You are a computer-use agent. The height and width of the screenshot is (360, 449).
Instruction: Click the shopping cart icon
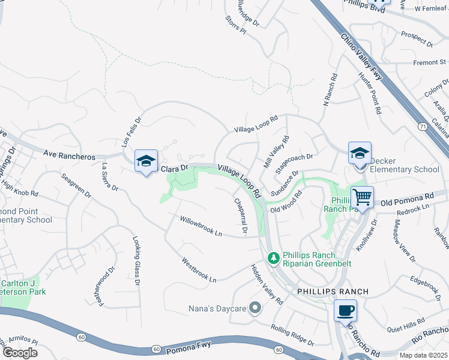point(362,197)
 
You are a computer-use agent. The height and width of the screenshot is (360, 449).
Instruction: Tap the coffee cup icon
point(345,311)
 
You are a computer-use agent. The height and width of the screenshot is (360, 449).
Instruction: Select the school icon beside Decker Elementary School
point(360,153)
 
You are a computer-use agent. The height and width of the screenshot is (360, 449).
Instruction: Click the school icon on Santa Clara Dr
point(146,161)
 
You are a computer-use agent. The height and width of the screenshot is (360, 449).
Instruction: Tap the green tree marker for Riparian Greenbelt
point(274,257)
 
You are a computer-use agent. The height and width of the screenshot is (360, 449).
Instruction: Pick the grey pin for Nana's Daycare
point(255,308)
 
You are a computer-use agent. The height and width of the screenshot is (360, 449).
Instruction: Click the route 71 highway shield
point(422,126)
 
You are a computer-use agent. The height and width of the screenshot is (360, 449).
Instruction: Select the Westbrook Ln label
point(199,269)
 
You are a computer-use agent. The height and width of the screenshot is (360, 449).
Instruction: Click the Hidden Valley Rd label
point(266,284)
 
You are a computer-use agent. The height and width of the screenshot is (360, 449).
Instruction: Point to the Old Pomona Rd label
point(411,196)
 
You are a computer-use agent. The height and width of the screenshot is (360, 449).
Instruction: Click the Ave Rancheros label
point(69,156)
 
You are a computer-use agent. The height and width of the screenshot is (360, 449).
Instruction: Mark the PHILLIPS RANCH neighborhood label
point(333,292)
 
